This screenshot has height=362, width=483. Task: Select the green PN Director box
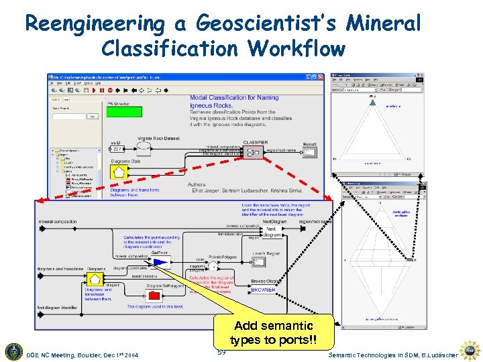125,113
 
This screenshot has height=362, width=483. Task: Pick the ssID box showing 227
117,149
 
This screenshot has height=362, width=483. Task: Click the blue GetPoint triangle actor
160,262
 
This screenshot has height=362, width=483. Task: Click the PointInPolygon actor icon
214,265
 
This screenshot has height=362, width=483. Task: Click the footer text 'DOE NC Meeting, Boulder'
64,354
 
